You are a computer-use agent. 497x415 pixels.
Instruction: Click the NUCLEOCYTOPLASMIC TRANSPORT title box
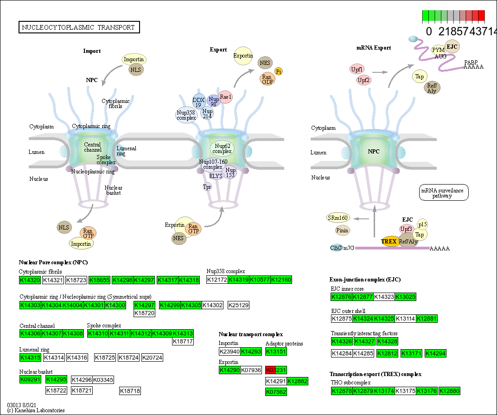[x=79, y=27]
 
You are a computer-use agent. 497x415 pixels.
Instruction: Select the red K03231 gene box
[x=276, y=370]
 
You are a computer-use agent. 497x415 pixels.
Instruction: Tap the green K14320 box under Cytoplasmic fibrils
[x=30, y=280]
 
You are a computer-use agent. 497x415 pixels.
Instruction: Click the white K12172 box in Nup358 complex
[x=217, y=280]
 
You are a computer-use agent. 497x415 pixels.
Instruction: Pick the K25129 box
[x=239, y=305]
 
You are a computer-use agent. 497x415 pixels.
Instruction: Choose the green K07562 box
[x=276, y=392]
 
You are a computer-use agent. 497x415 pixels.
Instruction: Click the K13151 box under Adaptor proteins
[x=276, y=352]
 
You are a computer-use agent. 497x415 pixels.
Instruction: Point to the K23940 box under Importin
[x=229, y=352]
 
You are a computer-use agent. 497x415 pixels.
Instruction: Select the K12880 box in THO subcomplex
[x=450, y=391]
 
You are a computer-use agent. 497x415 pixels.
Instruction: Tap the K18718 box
[x=130, y=391]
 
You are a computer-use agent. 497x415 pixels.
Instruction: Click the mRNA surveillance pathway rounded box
[x=443, y=192]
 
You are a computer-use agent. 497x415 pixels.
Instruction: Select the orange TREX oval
[x=389, y=242]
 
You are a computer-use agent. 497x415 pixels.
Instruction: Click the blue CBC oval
[x=336, y=248]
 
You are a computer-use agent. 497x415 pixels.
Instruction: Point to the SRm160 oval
[x=338, y=218]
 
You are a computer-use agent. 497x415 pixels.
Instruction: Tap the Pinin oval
[x=342, y=230]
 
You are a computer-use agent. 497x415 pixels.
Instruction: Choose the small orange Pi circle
[x=279, y=71]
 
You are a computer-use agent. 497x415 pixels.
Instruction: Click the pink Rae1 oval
[x=226, y=96]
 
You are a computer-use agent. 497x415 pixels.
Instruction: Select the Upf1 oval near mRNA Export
[x=357, y=69]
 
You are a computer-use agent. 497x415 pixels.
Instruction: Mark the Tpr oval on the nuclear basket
[x=207, y=187]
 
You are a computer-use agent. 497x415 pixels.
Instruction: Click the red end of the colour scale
[x=481, y=16]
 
